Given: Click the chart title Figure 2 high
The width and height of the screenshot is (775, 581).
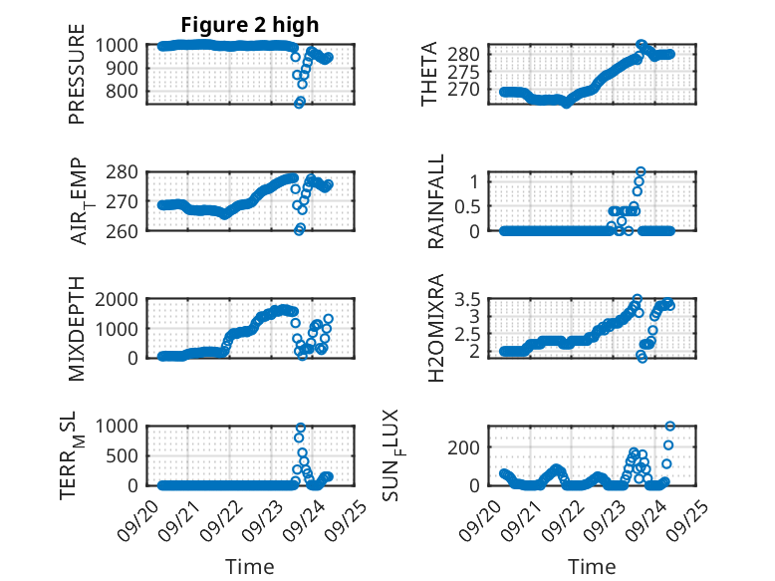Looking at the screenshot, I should pyautogui.click(x=250, y=25).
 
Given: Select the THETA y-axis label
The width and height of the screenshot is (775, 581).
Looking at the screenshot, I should pyautogui.click(x=429, y=74).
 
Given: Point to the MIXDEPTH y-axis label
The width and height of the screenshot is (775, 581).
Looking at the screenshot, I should pyautogui.click(x=77, y=328).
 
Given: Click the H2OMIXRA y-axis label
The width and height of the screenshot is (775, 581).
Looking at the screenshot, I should pyautogui.click(x=435, y=328).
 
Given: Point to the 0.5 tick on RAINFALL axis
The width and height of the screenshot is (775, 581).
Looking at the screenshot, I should pyautogui.click(x=468, y=205).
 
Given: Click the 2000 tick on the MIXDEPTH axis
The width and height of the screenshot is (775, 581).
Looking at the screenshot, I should pyautogui.click(x=121, y=298).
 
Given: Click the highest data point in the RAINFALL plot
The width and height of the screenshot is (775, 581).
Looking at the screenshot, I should pyautogui.click(x=641, y=171).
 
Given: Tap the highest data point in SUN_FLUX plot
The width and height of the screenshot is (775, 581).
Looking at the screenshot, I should pyautogui.click(x=669, y=427).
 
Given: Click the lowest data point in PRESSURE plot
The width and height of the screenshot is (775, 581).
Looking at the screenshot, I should pyautogui.click(x=299, y=104).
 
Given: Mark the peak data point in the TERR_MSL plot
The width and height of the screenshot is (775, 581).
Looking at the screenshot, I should pyautogui.click(x=300, y=428).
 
